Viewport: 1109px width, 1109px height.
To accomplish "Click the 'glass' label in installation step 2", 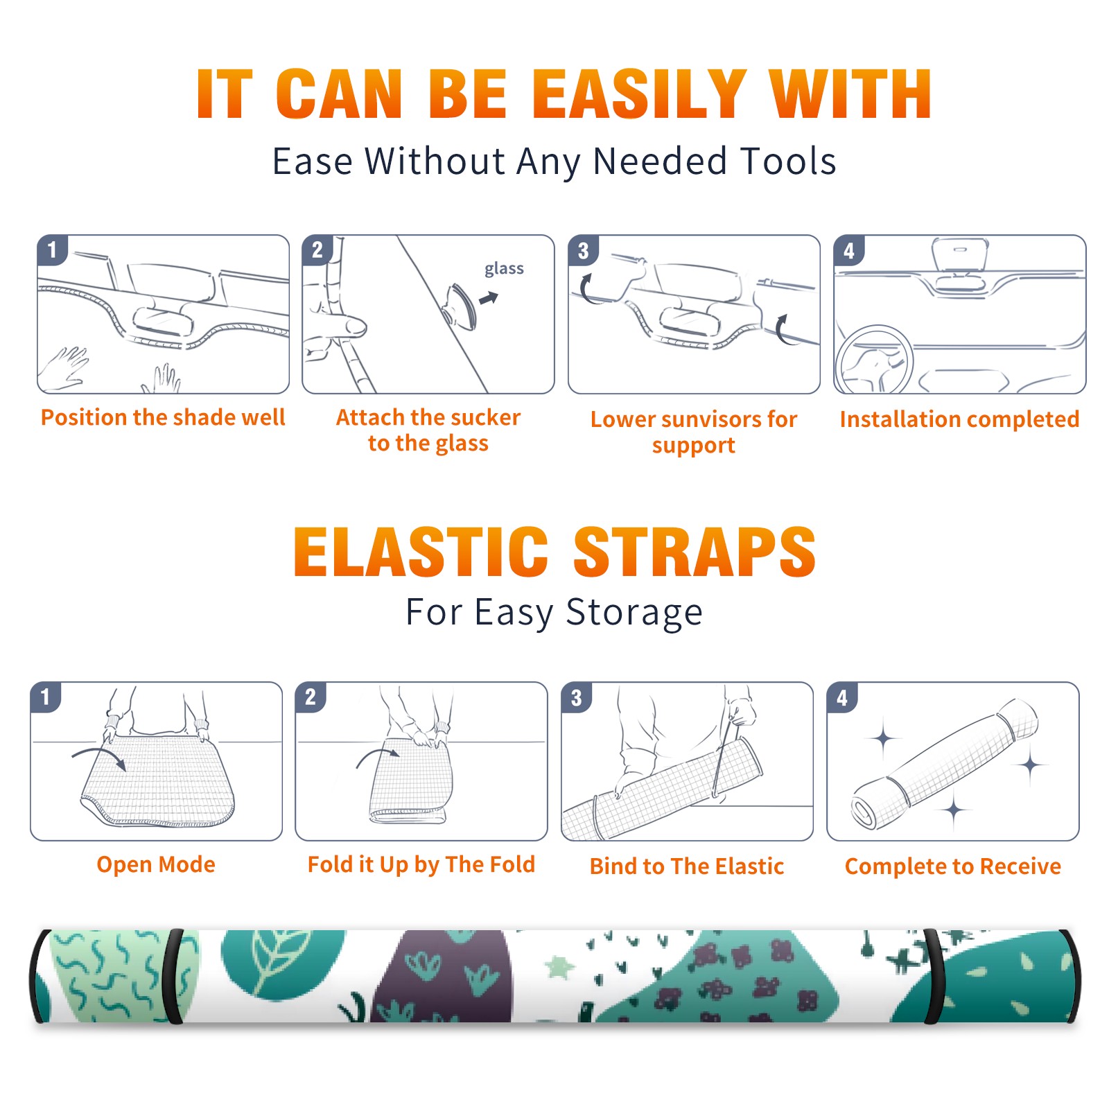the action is (x=504, y=269).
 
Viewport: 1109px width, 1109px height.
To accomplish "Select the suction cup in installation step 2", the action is (x=460, y=306).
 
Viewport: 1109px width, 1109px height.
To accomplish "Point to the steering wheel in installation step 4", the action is (x=874, y=360).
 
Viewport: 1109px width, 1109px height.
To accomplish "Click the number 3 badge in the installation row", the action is (x=583, y=251).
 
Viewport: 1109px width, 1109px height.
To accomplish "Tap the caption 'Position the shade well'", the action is (x=163, y=417).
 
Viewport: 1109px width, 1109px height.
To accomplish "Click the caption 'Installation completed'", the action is (x=959, y=419).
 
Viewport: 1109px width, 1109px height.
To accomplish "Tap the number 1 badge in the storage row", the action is (x=46, y=697).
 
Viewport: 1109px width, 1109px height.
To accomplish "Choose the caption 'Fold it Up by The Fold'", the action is (x=421, y=865).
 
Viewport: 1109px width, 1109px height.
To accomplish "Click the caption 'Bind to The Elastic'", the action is (x=687, y=866).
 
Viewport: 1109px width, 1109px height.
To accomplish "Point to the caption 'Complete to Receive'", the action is (x=953, y=866).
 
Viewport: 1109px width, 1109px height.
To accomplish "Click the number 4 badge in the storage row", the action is (x=842, y=697).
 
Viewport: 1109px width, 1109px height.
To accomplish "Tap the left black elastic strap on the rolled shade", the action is (x=175, y=976).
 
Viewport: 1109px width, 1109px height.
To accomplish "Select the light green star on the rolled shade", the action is (x=559, y=966).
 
